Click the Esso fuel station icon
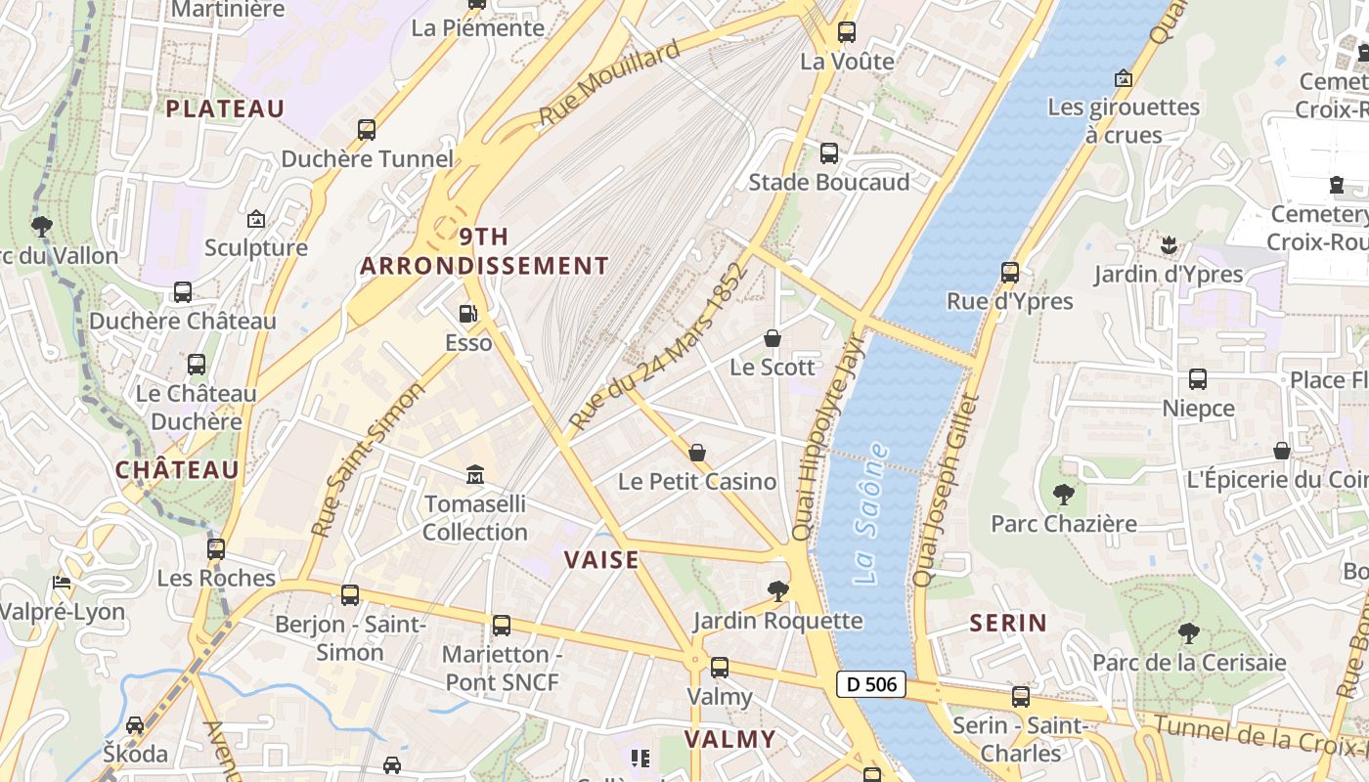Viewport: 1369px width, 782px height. coord(468,314)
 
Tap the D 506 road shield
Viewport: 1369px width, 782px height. coord(870,684)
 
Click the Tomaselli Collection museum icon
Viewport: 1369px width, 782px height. coord(475,475)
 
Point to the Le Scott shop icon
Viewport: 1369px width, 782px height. coord(773,338)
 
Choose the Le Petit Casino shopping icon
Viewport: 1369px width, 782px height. coord(697,453)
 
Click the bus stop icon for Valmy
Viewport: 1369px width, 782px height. coord(720,668)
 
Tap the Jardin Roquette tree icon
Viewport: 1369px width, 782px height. coord(778,590)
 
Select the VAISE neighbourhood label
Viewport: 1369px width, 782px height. coord(601,560)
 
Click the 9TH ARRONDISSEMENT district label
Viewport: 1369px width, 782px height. coord(484,251)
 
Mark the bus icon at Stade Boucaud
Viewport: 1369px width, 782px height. coord(829,153)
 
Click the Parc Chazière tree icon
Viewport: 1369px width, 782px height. coord(1064,495)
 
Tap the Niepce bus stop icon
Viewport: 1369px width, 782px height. coord(1198,379)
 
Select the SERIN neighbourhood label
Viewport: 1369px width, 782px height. coord(1008,623)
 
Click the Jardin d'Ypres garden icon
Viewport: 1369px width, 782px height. coord(1168,244)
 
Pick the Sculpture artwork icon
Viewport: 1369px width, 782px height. coord(256,219)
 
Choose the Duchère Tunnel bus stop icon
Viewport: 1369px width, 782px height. coord(367,129)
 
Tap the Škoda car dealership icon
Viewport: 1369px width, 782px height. coord(135,725)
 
